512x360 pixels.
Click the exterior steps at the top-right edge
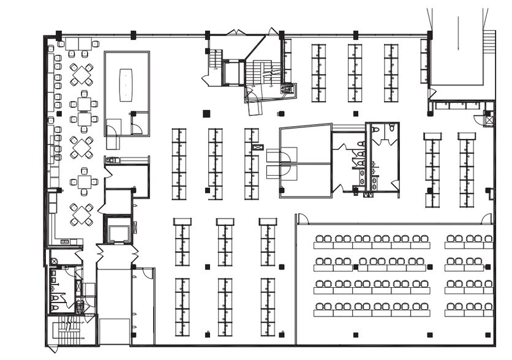pos(489,42)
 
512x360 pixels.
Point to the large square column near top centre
pos(206,113)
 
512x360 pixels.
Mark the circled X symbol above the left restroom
pos(54,261)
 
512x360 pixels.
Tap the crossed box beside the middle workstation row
pos(258,147)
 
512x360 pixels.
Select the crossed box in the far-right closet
pos(488,120)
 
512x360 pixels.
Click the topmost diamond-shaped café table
pos(81,73)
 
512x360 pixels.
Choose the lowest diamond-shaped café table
pos(81,215)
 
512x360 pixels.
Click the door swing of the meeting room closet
pos(137,129)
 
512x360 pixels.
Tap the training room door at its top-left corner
pos(302,219)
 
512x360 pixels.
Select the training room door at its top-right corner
pos(486,219)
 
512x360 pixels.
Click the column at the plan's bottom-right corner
pos(488,335)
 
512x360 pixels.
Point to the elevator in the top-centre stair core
pos(233,73)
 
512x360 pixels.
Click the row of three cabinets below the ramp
pos(457,106)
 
